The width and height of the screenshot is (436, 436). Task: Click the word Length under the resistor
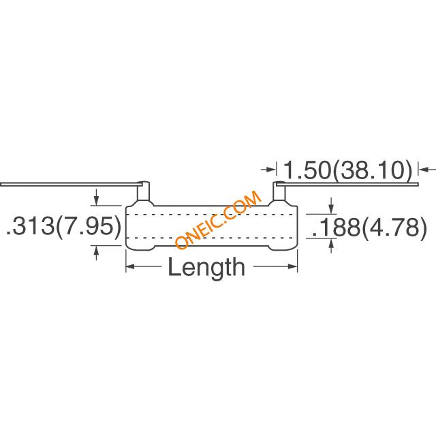point(206,267)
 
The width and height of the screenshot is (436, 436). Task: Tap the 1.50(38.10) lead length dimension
point(347,170)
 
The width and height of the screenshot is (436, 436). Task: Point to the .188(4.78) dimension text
point(369,228)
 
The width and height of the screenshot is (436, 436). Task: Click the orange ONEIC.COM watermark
point(218,219)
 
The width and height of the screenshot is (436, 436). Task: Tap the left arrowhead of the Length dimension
point(130,266)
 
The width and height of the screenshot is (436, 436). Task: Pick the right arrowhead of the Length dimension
point(293,266)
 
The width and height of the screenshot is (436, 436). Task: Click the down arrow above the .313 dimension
point(96,197)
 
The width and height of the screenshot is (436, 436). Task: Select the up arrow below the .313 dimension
point(96,253)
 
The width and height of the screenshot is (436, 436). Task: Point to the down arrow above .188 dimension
point(331,206)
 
